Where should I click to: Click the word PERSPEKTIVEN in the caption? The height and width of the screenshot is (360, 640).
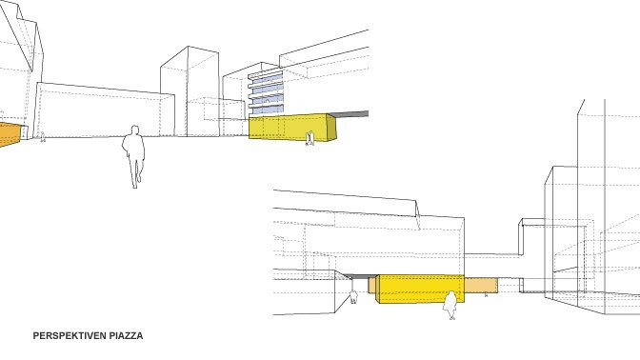(x=70, y=336)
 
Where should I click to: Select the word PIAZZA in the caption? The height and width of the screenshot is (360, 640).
(x=126, y=336)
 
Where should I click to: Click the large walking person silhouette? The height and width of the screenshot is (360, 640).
(x=134, y=157)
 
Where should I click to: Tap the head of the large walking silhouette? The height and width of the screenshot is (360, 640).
(x=134, y=130)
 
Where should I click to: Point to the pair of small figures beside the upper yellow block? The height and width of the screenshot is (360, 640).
(x=310, y=138)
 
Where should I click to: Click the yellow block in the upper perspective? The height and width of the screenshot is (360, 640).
(x=290, y=128)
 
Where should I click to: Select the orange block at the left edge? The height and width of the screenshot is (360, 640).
(x=10, y=134)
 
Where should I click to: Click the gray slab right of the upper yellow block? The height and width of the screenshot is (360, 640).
(x=351, y=114)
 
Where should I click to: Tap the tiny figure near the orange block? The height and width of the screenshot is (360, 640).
(x=43, y=137)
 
